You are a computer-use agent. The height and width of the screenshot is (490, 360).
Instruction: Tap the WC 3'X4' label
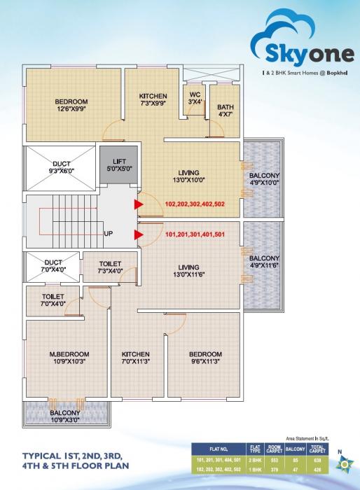pyautogui.click(x=194, y=99)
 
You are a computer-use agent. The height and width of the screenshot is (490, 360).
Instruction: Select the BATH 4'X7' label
pyautogui.click(x=225, y=109)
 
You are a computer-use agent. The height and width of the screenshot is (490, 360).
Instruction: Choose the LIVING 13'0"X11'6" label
pyautogui.click(x=188, y=271)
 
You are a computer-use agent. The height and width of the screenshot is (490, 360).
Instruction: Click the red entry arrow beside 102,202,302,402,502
pyautogui.click(x=139, y=204)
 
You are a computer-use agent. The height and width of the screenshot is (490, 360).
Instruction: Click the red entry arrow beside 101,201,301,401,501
pyautogui.click(x=139, y=235)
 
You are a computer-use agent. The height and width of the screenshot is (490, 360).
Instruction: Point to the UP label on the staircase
pyautogui.click(x=109, y=233)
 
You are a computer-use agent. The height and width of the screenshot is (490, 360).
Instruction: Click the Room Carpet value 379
pyautogui.click(x=275, y=470)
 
